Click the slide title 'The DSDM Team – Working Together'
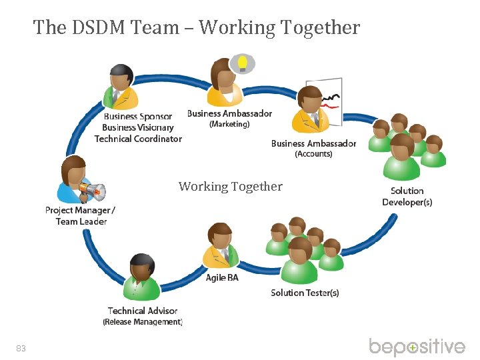[197, 27]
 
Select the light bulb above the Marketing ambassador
[243, 63]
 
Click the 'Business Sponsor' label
[138, 117]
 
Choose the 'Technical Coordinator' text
[138, 139]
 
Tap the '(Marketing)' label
[229, 124]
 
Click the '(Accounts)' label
[313, 154]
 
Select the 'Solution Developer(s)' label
[407, 197]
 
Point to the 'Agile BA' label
[222, 277]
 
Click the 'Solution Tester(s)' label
[305, 293]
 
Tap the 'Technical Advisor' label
[143, 311]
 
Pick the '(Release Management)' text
[143, 322]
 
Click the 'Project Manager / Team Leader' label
[80, 215]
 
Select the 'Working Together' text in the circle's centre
[231, 187]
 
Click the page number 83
[21, 348]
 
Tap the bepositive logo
[417, 347]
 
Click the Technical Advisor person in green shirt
[142, 277]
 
